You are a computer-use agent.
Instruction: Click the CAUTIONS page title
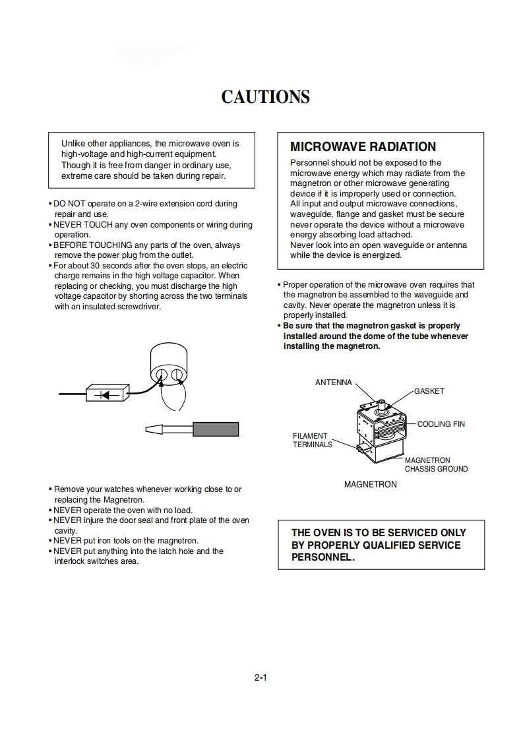tap(265, 97)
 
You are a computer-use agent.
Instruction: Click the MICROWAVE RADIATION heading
tap(363, 146)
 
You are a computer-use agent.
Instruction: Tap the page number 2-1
tap(260, 677)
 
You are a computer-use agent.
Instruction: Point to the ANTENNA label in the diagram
tap(334, 383)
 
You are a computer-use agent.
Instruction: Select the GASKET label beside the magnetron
tap(429, 391)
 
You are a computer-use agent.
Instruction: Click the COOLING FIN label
tap(441, 424)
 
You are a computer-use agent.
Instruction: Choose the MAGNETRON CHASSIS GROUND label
tap(436, 465)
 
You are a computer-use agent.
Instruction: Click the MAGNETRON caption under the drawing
tap(371, 484)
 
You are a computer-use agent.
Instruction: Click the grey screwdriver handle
tap(216, 429)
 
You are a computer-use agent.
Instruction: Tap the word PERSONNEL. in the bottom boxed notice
tap(323, 557)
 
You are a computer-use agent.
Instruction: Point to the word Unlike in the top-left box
tap(73, 143)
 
